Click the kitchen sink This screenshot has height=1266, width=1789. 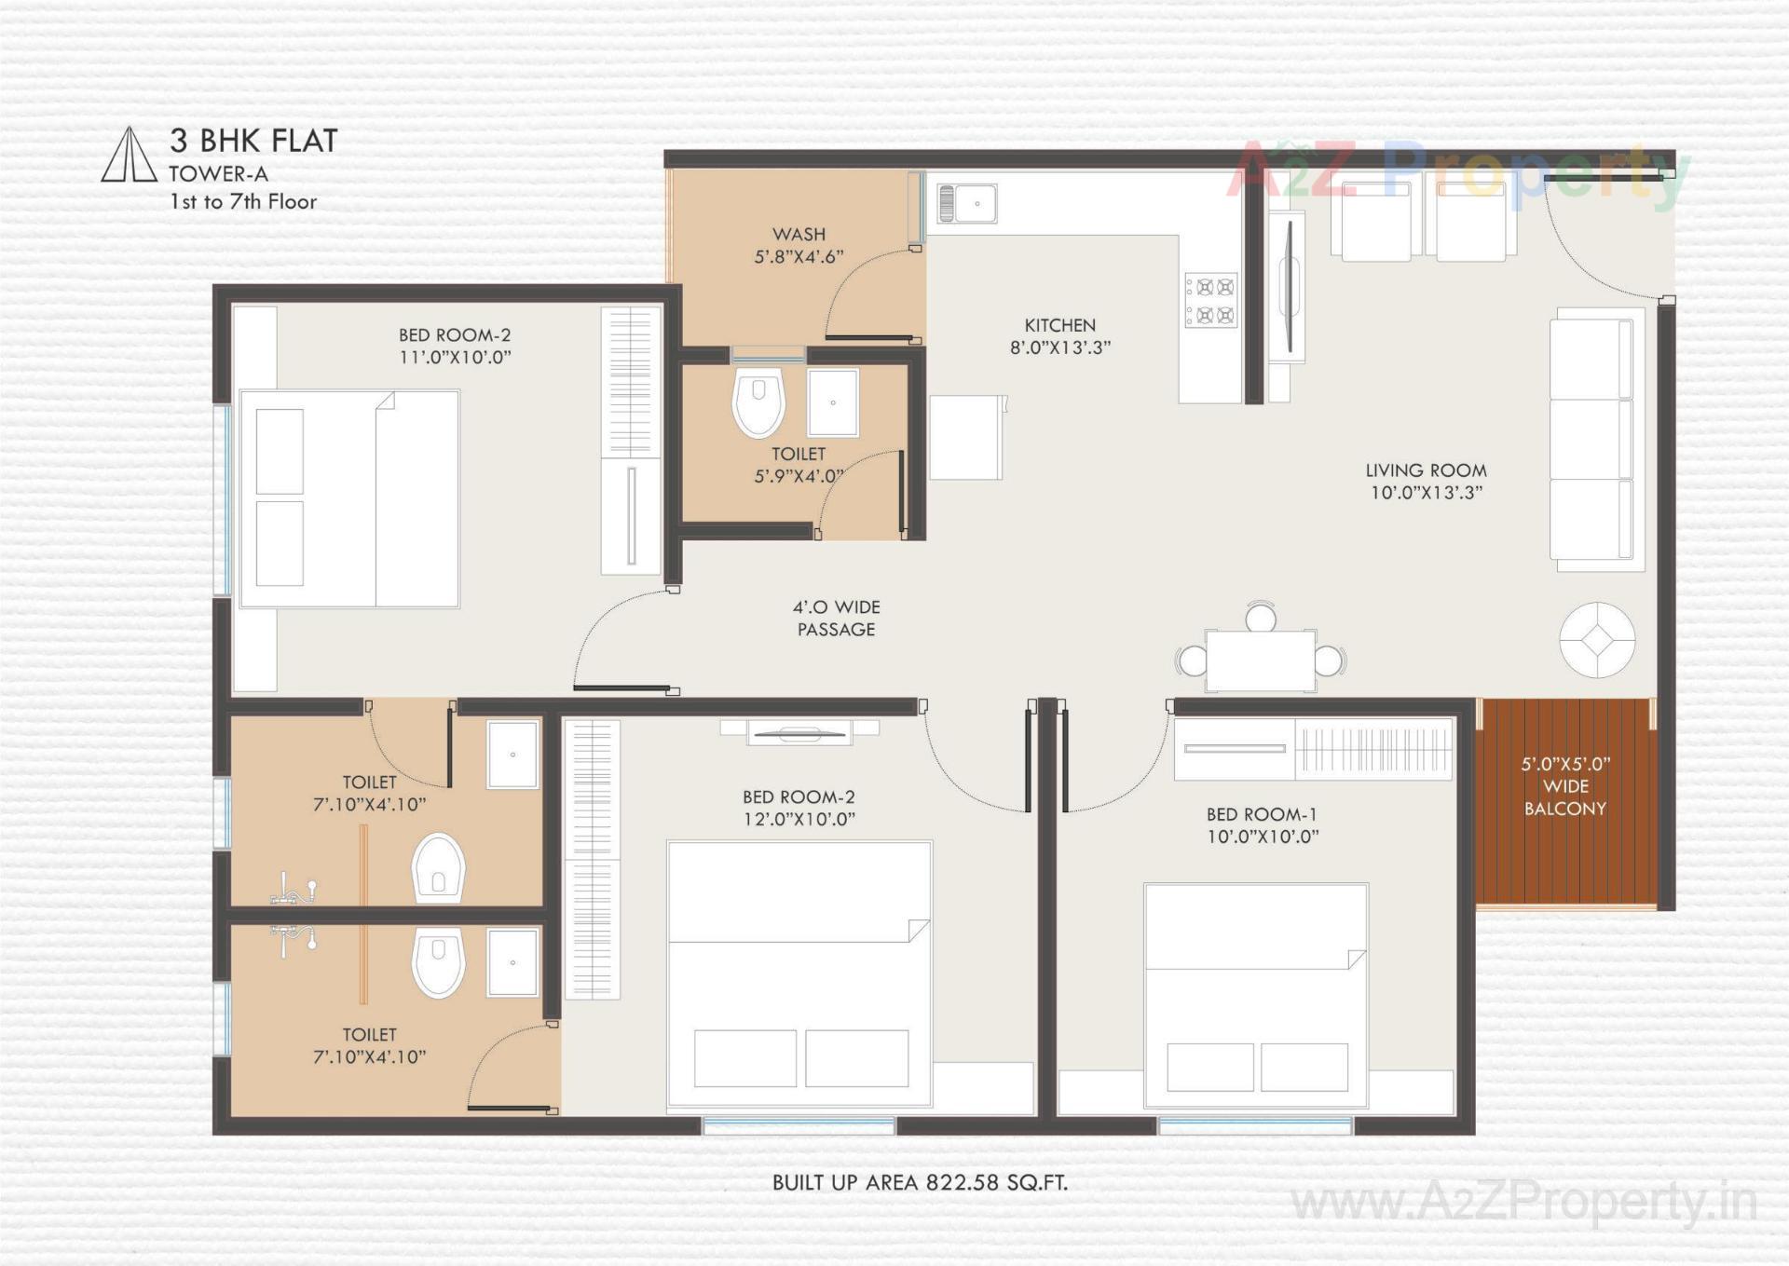tap(967, 203)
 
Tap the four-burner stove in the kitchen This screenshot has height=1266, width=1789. tap(1211, 300)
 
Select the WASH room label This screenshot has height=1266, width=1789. tap(799, 245)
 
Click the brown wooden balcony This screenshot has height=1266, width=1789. tap(1564, 801)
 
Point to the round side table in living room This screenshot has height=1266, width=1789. tap(1597, 640)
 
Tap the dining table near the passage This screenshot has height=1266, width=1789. tap(1261, 660)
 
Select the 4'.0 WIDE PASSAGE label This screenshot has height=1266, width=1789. tap(836, 619)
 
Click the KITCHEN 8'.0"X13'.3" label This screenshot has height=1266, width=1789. tap(1060, 336)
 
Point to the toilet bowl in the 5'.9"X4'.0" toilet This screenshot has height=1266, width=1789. tap(758, 402)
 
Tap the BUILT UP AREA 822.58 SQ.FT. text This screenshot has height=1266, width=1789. tap(920, 1182)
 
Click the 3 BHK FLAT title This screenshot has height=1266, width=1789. tap(253, 141)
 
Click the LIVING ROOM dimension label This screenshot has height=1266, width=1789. tap(1426, 482)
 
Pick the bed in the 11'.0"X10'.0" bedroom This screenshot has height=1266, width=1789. tap(349, 499)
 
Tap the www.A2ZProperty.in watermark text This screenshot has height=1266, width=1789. tap(1523, 1202)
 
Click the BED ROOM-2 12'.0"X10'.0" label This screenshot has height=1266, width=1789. tap(799, 808)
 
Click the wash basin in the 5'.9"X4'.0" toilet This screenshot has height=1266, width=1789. tap(832, 402)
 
